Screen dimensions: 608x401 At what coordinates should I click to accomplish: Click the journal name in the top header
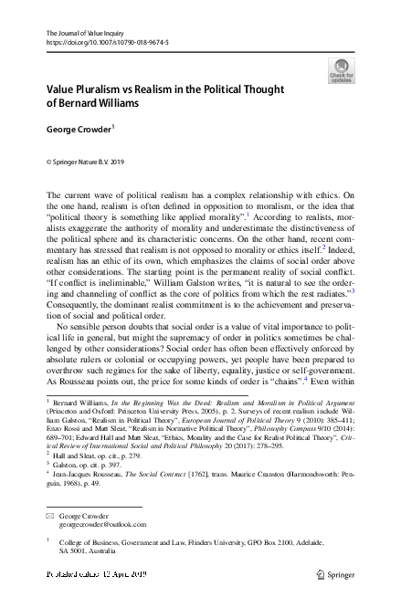(85, 34)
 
